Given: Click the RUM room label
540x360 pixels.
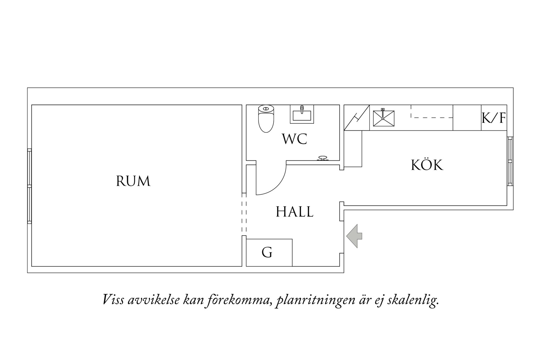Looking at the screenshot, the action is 133,181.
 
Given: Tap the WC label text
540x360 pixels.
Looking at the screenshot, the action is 295,139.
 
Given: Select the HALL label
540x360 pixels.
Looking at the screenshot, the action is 295,212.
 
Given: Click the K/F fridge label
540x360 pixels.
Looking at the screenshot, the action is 494,118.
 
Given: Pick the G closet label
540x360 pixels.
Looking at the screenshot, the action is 267,252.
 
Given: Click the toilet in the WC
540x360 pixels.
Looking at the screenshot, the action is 266,119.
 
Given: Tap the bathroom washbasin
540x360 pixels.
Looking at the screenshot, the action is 302,114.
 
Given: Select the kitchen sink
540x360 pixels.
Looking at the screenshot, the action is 384,118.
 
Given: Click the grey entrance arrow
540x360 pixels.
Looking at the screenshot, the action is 354,236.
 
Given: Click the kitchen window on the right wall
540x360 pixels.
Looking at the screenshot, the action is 510,161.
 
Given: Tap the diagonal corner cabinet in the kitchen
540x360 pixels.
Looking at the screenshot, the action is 357,118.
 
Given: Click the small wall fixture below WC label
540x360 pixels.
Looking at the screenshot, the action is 322,158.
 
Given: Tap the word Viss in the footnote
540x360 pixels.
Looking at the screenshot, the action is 113,300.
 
